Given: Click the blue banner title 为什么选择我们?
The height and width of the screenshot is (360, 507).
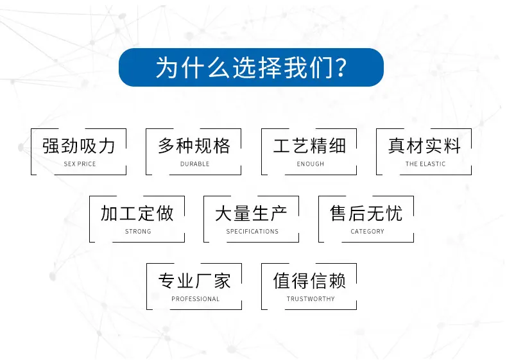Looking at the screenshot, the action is (x=251, y=67).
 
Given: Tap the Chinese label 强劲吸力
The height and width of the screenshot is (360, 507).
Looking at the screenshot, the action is (x=78, y=146).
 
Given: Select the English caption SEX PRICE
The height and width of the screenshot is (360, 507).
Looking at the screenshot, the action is (x=80, y=164).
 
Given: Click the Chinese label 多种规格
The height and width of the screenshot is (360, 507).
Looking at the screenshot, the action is (x=194, y=146).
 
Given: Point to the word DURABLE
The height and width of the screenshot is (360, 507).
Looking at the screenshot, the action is (x=194, y=164).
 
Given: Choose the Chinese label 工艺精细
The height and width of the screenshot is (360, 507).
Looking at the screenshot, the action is (x=309, y=146).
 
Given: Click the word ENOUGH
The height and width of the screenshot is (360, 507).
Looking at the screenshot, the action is (x=311, y=164).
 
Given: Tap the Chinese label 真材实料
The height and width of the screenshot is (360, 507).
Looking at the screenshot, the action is (x=425, y=146).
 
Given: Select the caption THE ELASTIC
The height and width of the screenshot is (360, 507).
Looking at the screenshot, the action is (x=425, y=164).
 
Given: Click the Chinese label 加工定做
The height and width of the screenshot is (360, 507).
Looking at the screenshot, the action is (x=137, y=214).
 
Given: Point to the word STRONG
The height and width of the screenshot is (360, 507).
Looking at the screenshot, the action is (x=138, y=232).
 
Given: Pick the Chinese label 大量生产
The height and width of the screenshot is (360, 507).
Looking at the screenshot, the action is (x=251, y=214).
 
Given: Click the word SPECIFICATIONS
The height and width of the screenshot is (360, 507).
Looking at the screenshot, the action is (x=252, y=232).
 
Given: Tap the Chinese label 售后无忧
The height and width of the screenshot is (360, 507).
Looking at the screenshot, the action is (x=366, y=214).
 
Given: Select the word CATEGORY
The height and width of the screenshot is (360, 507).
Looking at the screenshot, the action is (x=367, y=232).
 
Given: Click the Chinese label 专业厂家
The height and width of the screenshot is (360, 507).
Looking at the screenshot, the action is (x=194, y=281).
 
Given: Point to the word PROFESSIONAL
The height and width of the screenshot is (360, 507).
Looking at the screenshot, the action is (x=195, y=299).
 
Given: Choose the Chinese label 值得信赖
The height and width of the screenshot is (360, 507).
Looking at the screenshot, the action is (x=309, y=281).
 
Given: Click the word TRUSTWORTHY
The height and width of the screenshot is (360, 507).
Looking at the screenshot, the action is (x=311, y=299).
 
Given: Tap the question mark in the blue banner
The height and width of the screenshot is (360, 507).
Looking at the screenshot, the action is (x=341, y=67).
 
